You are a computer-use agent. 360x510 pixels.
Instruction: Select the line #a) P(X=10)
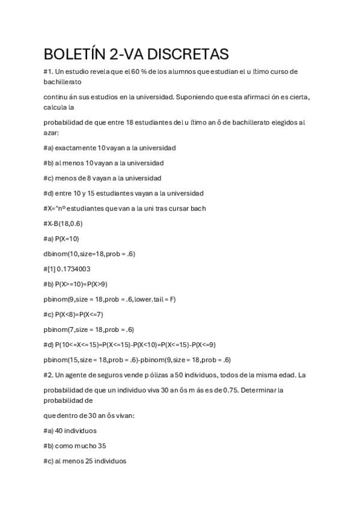[x=61, y=239]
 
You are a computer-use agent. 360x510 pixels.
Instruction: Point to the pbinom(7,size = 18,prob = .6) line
[x=88, y=330]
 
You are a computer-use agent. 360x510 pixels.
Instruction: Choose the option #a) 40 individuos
[x=70, y=431]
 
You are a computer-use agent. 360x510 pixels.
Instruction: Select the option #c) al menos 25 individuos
[x=85, y=461]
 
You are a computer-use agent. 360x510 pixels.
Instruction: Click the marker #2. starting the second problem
[x=49, y=375]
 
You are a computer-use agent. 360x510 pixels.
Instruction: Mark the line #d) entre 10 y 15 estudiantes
[x=123, y=193]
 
